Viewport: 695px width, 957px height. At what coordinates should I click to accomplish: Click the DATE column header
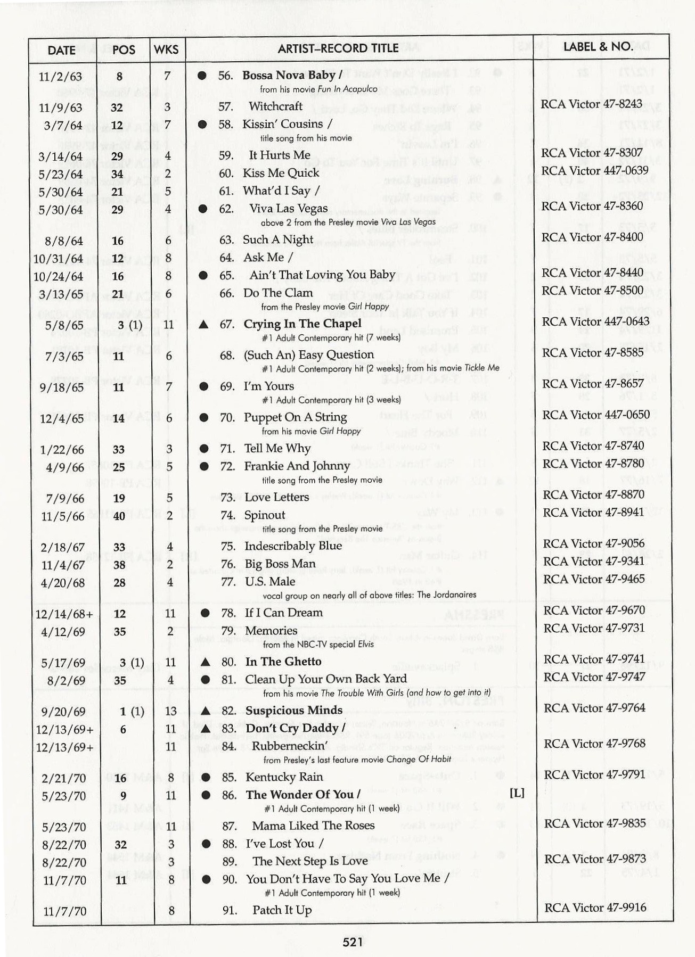click(61, 50)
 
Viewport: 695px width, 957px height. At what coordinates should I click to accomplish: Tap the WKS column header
click(166, 49)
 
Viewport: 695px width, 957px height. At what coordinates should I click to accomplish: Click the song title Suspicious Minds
click(293, 711)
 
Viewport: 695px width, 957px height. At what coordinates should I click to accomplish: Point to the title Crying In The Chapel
click(302, 324)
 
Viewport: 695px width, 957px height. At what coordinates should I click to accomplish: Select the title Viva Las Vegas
click(288, 209)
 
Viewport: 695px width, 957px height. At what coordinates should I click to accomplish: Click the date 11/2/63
click(61, 77)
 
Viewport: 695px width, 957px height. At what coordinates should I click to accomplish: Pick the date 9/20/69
click(63, 712)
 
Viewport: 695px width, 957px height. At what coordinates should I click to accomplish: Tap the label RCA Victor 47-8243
click(591, 104)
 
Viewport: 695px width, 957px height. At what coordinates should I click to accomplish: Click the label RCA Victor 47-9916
click(595, 907)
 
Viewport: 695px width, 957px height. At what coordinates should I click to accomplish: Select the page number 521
click(353, 942)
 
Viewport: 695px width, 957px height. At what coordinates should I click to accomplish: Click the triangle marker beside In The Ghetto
click(205, 662)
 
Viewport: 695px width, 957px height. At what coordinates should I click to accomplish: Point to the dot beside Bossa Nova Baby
click(202, 76)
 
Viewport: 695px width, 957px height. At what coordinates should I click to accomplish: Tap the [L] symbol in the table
click(517, 793)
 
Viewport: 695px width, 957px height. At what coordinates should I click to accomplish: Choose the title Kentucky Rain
click(284, 777)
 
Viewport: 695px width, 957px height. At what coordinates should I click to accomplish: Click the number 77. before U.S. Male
click(228, 582)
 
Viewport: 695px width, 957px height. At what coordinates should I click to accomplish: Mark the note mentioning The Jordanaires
click(369, 595)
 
